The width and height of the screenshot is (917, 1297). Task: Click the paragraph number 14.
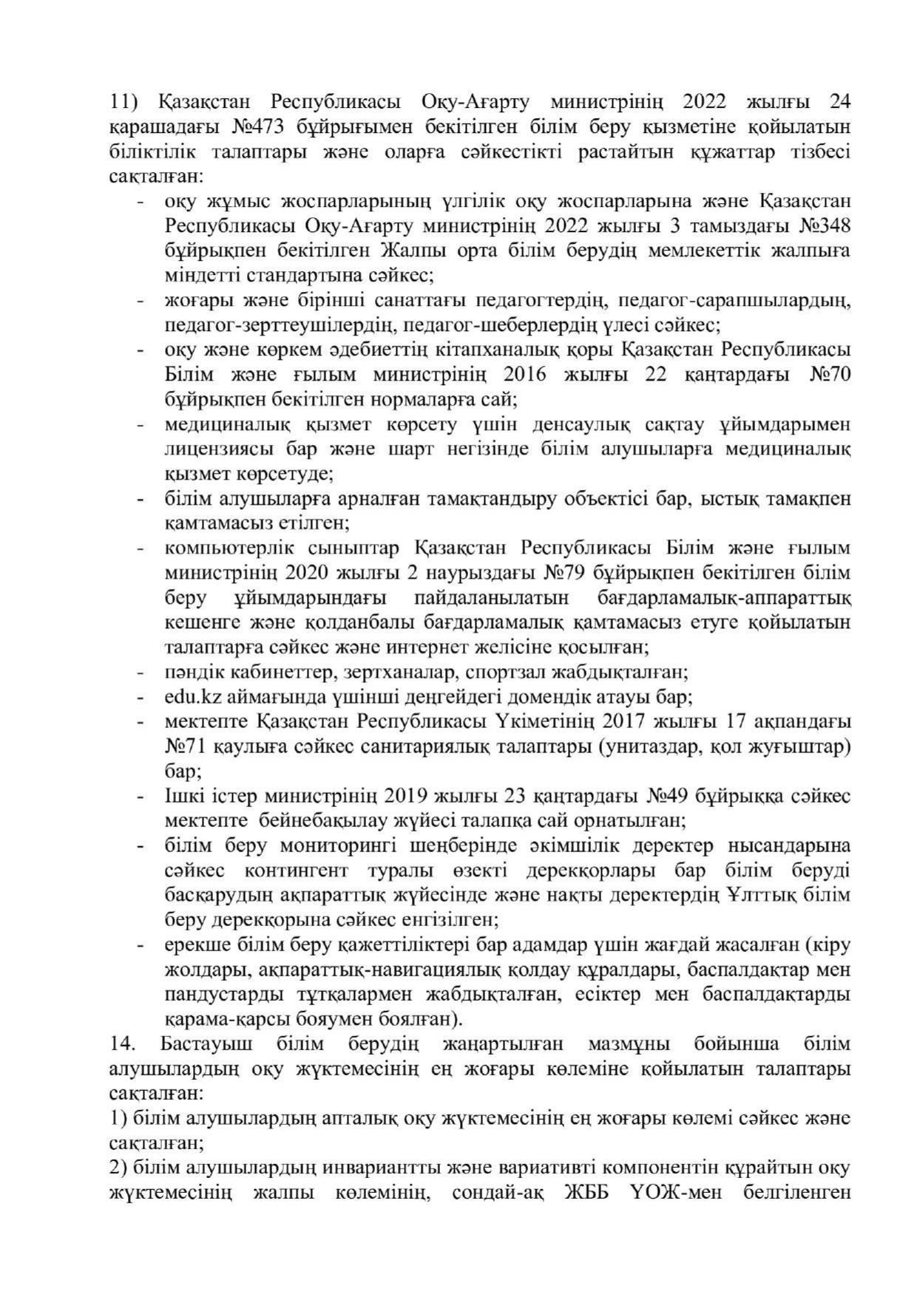(122, 1044)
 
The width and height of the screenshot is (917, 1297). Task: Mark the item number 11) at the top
(125, 101)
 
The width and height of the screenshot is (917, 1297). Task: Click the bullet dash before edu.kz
(140, 698)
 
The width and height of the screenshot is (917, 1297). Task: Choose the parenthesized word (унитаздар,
(654, 746)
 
